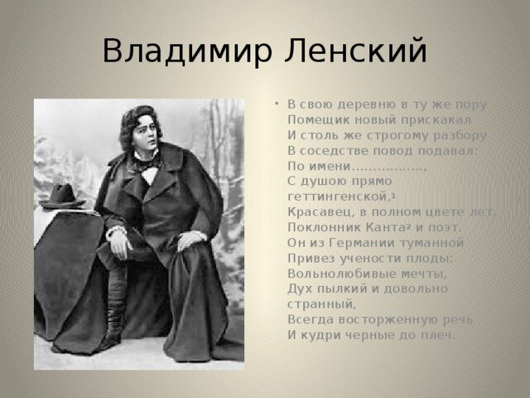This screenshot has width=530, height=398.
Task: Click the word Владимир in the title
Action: point(188,51)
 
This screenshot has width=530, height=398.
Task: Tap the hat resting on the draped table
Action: point(62,197)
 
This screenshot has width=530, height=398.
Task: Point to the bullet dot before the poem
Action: point(277,103)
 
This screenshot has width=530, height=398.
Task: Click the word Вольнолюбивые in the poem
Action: point(341,274)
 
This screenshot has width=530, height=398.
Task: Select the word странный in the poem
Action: point(320,304)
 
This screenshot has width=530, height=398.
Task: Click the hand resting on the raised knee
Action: point(191,239)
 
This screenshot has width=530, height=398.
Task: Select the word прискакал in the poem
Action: point(436,120)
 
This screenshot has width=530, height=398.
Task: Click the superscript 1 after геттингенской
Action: point(394,195)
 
